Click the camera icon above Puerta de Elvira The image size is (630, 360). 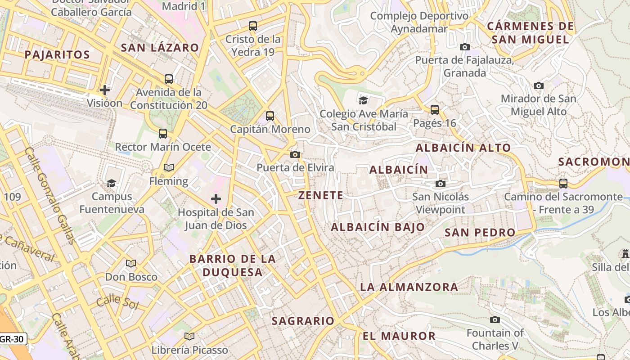(x=295, y=155)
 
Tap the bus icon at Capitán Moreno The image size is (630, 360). (x=270, y=116)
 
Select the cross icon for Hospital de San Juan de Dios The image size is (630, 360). (x=216, y=199)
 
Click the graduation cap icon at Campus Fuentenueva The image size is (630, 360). (x=111, y=183)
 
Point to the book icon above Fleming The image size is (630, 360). (x=169, y=168)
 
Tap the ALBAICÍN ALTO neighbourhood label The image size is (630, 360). (x=463, y=148)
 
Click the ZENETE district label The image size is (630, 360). (x=320, y=195)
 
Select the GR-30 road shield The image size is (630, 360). (x=13, y=339)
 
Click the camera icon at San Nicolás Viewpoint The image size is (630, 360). (x=441, y=184)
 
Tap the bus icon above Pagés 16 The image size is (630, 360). (x=435, y=110)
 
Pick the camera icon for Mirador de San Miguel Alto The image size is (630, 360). (x=538, y=85)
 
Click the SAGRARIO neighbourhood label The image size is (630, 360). (x=303, y=321)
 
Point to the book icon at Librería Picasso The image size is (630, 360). (x=189, y=336)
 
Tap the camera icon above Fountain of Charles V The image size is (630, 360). (x=495, y=320)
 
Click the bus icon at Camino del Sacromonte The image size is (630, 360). (x=563, y=184)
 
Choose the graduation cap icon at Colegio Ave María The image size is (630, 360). (x=364, y=100)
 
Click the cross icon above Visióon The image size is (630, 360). (x=105, y=90)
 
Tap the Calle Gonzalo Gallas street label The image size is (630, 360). (x=49, y=196)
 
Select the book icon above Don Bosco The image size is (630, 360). (x=131, y=263)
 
